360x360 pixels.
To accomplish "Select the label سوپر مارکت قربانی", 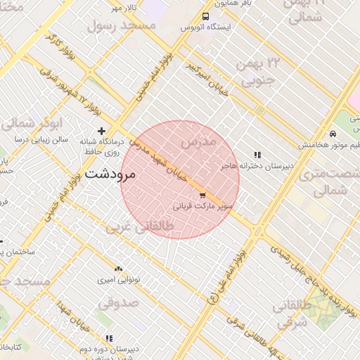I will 202,207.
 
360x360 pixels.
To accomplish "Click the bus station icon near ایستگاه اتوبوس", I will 205,16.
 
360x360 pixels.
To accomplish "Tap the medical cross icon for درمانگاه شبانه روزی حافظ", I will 102,131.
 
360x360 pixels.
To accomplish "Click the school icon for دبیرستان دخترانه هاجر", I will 257,155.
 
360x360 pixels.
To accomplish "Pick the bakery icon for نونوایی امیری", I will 117,269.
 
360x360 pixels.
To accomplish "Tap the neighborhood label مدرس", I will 196,143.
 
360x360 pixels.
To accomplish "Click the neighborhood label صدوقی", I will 119,303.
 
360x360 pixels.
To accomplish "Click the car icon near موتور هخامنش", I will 333,134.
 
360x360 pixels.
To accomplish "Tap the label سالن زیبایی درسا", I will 43,140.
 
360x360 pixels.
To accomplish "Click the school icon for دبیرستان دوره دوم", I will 108,338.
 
